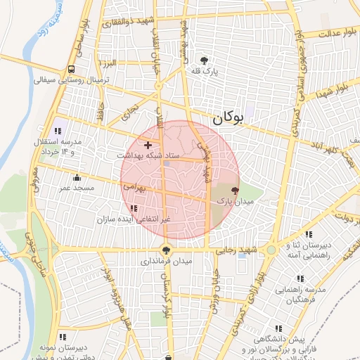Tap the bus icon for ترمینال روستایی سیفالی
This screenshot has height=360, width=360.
click(72, 69)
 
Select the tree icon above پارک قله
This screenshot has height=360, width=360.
click(205, 60)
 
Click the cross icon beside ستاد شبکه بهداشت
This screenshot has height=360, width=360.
click(148, 144)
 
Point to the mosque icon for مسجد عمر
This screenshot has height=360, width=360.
click(76, 176)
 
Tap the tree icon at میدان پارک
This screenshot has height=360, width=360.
click(235, 190)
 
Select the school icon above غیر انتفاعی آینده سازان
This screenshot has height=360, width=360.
click(134, 209)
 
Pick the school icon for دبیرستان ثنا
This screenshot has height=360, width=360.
click(308, 234)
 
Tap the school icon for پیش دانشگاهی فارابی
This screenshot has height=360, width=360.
click(279, 328)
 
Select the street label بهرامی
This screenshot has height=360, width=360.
click(133, 188)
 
